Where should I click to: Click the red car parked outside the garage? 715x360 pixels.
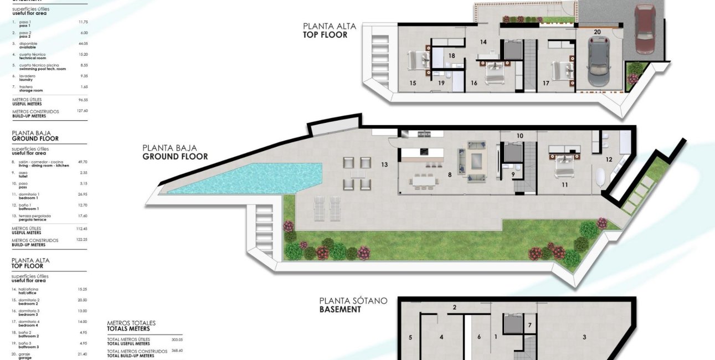click(645, 28)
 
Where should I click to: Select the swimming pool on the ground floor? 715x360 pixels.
click(244, 179)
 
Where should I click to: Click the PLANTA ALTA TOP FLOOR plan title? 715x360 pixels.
click(329, 30)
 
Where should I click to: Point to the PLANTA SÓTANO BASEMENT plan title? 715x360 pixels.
click(353, 305)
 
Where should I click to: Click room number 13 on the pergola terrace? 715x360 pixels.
click(384, 164)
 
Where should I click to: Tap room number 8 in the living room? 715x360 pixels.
click(450, 174)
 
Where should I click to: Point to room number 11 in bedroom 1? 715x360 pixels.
click(564, 185)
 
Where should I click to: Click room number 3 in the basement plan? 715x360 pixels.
click(584, 337)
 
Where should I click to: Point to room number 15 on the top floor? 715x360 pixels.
click(413, 83)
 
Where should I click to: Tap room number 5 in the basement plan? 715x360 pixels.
click(410, 337)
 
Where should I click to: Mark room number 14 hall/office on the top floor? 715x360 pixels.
click(483, 42)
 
